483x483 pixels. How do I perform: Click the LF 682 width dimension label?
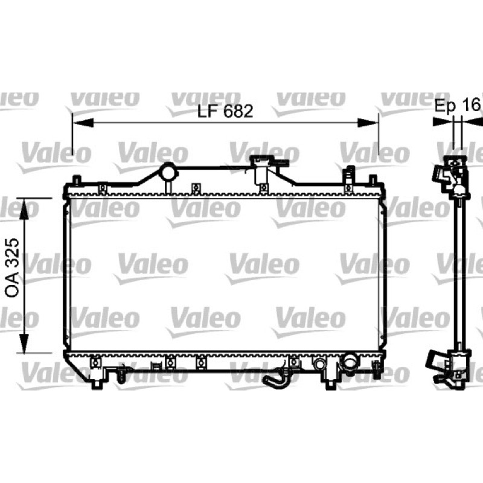point(225,111)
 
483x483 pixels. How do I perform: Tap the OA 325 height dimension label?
point(13,267)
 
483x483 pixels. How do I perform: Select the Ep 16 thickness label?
point(458,106)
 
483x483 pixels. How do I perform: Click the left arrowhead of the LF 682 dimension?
point(83,123)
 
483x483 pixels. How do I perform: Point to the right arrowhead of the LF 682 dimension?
point(368,123)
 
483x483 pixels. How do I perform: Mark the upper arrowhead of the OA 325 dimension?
point(24,208)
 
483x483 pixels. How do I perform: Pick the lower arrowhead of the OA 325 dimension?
point(24,343)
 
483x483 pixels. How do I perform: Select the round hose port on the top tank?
point(168,172)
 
